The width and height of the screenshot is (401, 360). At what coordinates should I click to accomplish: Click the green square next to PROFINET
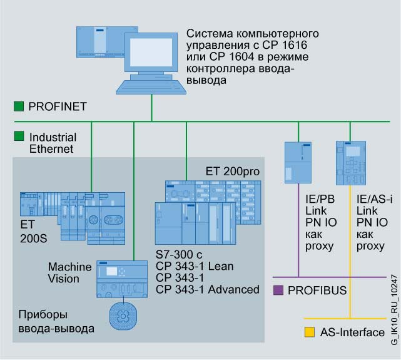click(x=19, y=106)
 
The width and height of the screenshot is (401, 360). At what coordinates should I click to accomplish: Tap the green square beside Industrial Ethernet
click(x=19, y=135)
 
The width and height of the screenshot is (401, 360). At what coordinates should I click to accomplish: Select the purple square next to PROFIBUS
click(x=278, y=290)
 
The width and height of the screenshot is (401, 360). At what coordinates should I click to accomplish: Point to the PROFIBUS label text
click(x=317, y=291)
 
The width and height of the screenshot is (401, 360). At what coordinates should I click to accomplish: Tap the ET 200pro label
click(x=232, y=172)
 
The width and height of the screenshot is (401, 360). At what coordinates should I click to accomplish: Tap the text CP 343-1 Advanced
click(x=207, y=289)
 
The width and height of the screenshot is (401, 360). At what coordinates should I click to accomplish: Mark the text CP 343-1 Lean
click(x=194, y=267)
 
